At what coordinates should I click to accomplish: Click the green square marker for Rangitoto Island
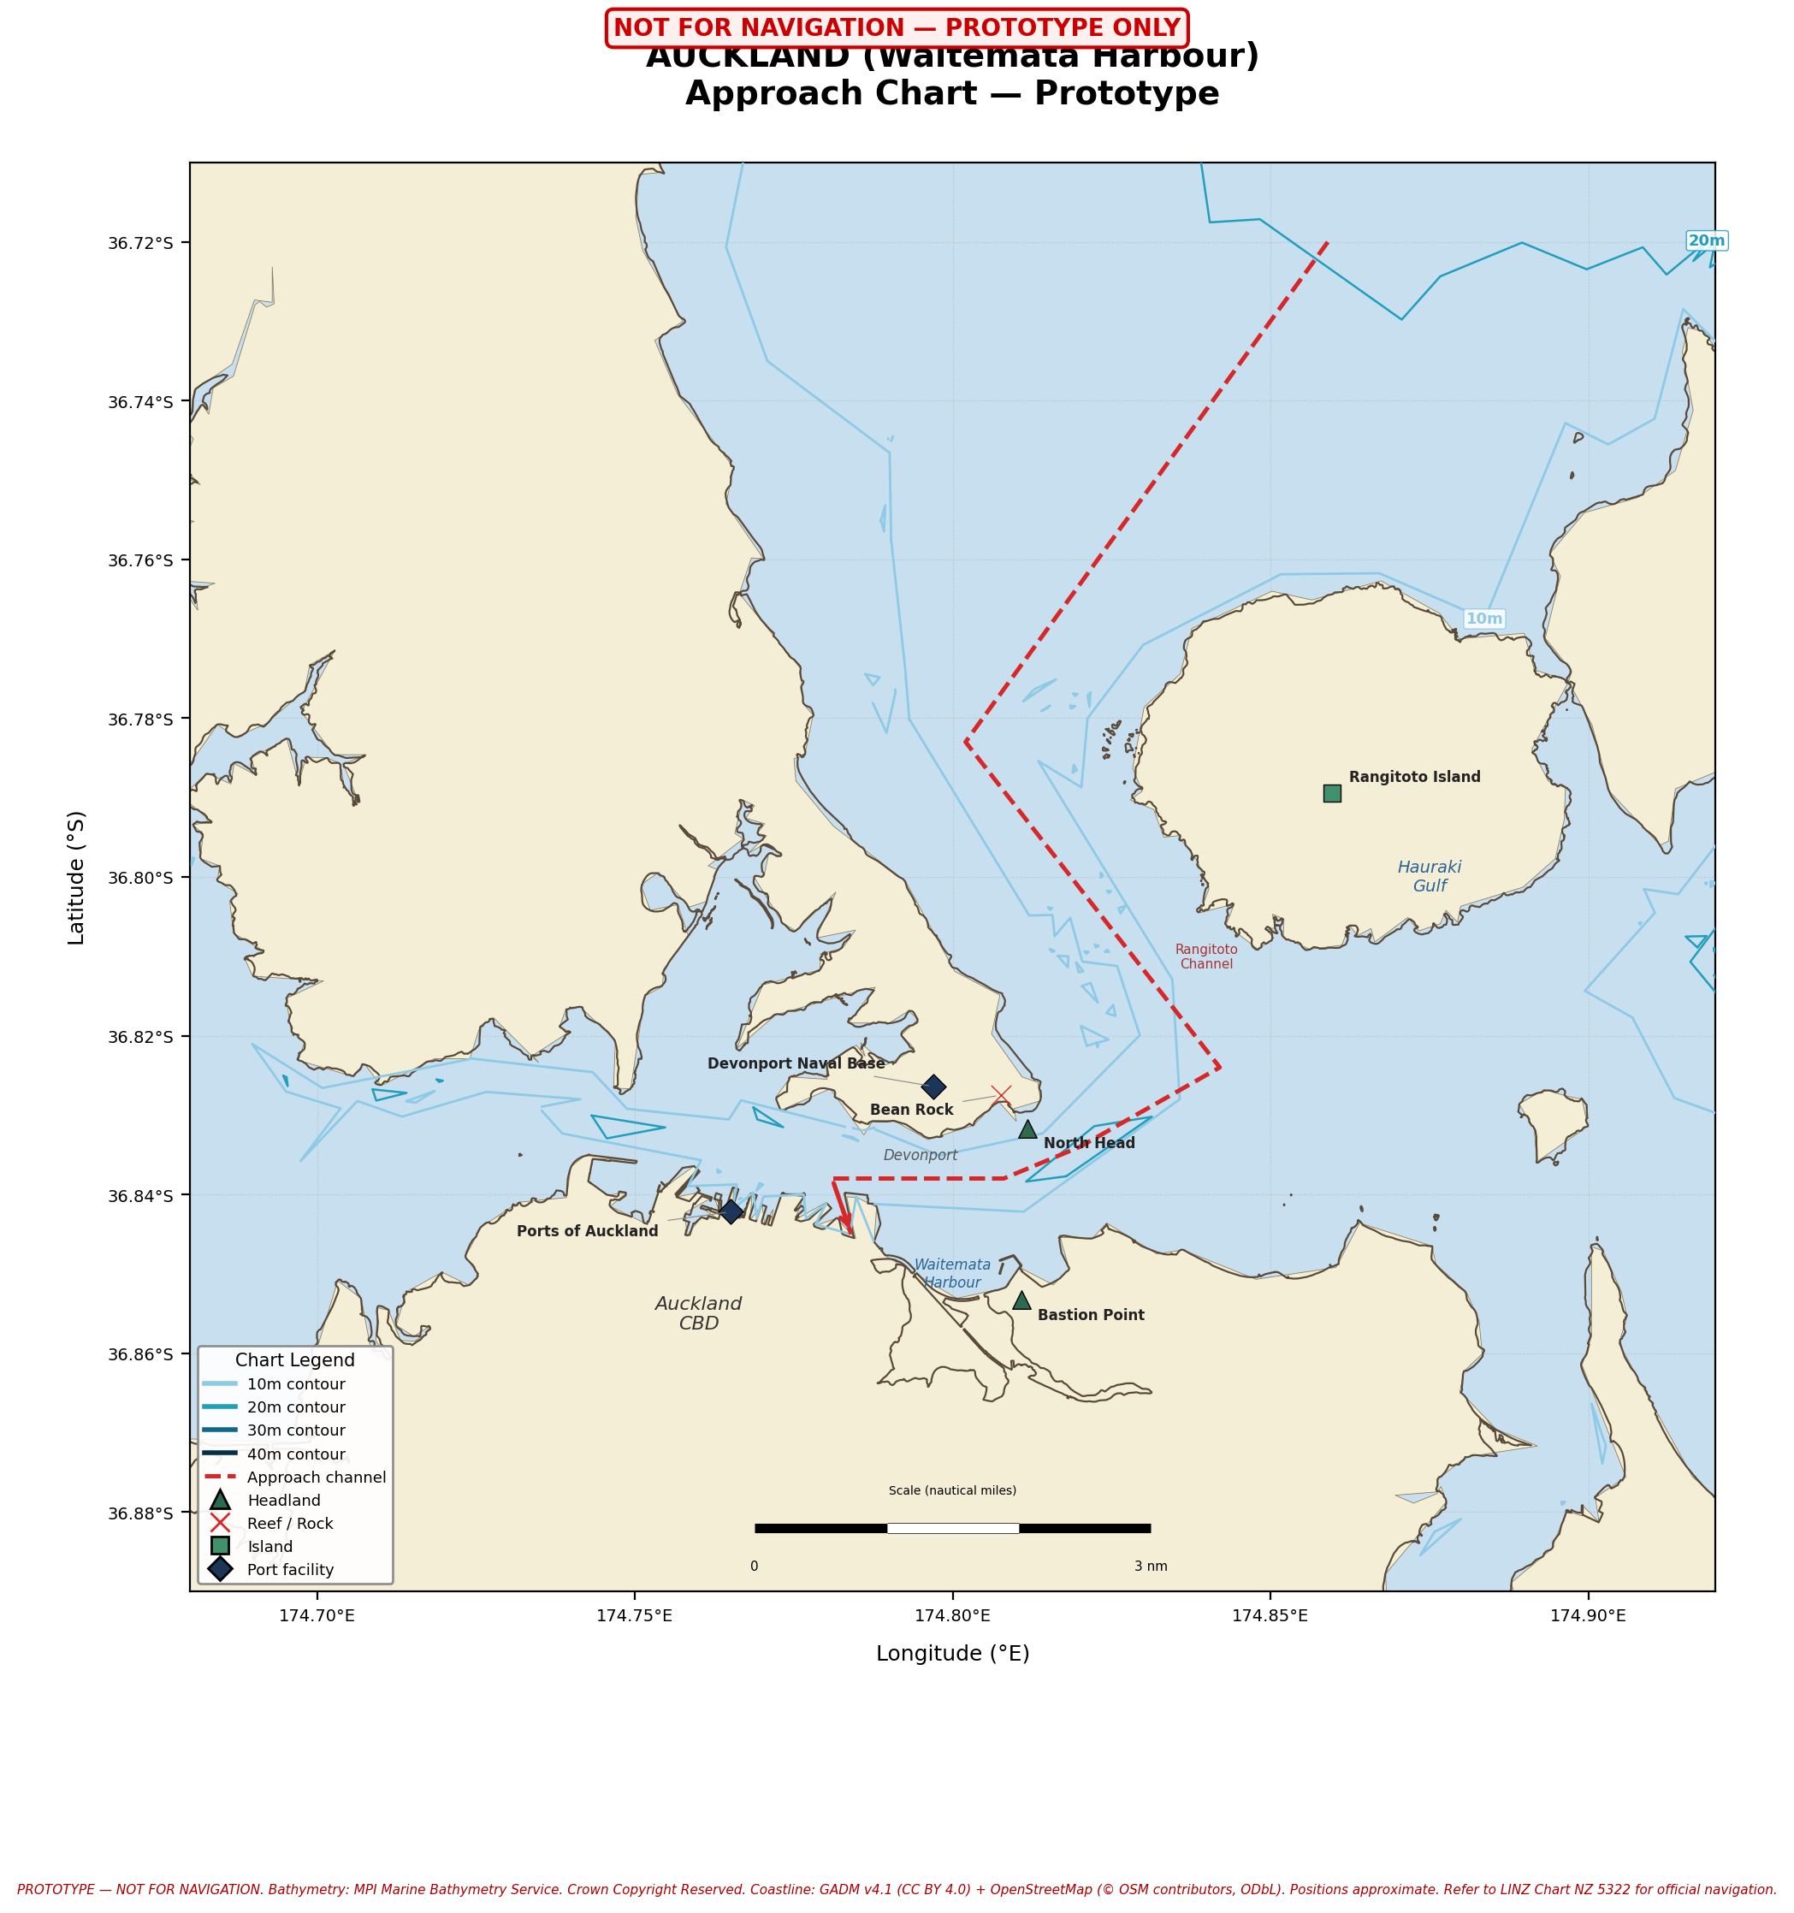tap(1332, 793)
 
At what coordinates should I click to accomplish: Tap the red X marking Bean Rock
tap(1002, 1095)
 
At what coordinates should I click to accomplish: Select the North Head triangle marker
tap(1028, 1129)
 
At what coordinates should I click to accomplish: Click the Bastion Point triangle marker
tap(1022, 1301)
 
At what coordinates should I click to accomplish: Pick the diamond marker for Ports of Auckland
tap(731, 1211)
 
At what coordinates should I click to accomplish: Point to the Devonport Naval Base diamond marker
tap(933, 1087)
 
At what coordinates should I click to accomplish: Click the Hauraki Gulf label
tap(1430, 876)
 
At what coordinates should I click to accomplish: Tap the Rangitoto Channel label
tap(1206, 956)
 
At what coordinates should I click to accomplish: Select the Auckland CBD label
tap(699, 1313)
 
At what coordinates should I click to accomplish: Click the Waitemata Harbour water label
tap(952, 1273)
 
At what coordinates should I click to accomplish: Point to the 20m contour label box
tap(1707, 240)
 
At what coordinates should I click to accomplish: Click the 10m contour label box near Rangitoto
tap(1483, 619)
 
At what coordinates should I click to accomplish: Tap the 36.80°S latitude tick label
tap(140, 878)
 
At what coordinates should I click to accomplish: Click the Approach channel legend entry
tap(316, 1477)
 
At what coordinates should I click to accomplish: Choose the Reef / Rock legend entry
tap(290, 1523)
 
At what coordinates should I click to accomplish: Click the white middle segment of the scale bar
tap(953, 1528)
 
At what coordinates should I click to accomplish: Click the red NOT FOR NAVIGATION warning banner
tap(896, 28)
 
